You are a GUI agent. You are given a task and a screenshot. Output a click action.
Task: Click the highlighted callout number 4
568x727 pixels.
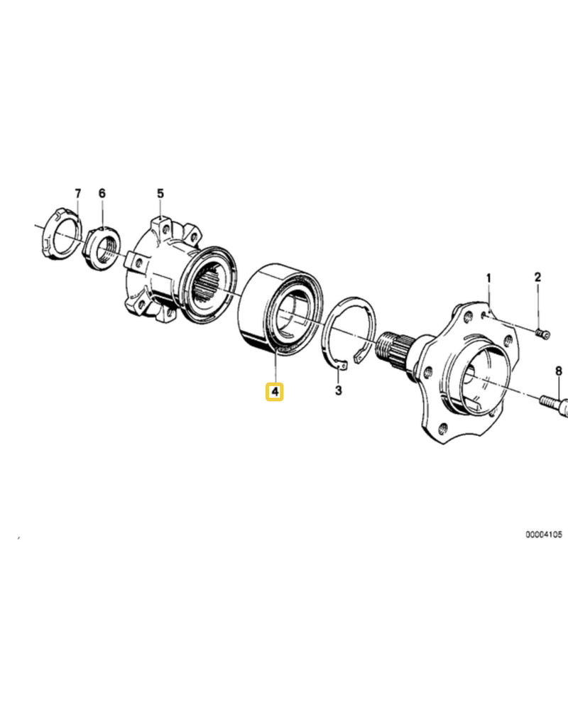coord(275,392)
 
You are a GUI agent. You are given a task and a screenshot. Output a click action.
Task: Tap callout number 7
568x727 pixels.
coord(77,193)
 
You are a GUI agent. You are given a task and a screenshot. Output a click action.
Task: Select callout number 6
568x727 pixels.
coord(102,193)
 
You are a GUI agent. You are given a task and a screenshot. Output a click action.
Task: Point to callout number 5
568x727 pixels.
coord(160,193)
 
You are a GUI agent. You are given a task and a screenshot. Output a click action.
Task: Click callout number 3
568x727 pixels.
coord(339,390)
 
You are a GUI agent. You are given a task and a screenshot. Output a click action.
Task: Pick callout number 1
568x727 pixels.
coord(488,278)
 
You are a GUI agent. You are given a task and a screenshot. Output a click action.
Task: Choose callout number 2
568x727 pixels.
coord(538,278)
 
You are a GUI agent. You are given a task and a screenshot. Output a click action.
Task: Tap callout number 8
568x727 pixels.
coord(558,371)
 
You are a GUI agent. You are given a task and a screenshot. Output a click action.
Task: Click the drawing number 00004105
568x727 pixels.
coord(543,535)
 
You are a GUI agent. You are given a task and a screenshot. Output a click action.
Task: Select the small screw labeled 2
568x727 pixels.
coord(542,333)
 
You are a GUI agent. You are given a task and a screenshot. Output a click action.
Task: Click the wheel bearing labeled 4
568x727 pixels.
coord(278,310)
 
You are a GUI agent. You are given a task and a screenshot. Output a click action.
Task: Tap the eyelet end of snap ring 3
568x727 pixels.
coord(341,366)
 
